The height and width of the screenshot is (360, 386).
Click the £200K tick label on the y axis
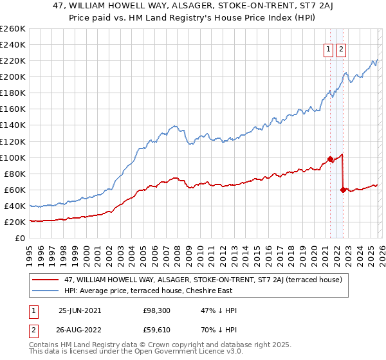13,77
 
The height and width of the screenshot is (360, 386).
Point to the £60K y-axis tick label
15,190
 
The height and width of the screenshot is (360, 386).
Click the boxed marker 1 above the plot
328,51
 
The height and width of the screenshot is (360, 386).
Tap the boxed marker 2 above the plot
340,51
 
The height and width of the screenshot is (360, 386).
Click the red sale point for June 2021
330,159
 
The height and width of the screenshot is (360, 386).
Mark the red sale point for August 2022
343,190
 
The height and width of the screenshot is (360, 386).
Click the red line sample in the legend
45,280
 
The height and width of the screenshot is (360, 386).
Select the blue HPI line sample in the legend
45,290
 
